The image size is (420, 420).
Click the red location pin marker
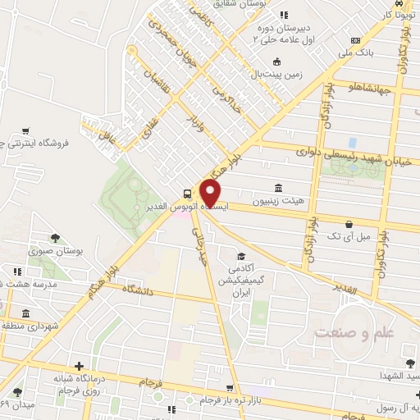point(211,193)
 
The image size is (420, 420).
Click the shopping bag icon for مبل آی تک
point(349,223)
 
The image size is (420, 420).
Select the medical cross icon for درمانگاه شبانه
point(79,366)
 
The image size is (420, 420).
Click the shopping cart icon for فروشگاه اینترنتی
point(26,130)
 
